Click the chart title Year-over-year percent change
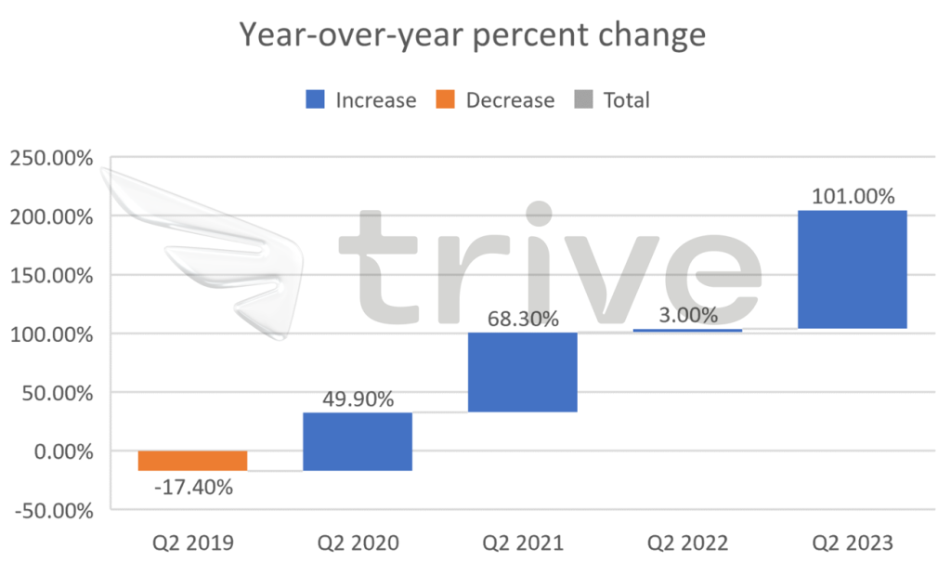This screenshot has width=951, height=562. click(x=473, y=35)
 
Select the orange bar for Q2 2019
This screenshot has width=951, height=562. click(x=192, y=461)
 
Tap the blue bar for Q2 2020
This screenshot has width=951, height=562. click(x=358, y=441)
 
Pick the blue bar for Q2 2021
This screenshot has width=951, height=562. click(x=523, y=372)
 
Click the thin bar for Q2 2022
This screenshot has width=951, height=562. click(x=688, y=330)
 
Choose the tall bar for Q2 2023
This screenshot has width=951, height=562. click(x=853, y=269)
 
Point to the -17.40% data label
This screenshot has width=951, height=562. click(x=192, y=487)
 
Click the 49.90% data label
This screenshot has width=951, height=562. click(x=358, y=399)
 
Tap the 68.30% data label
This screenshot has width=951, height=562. click(x=523, y=320)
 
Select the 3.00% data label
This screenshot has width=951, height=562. click(x=688, y=316)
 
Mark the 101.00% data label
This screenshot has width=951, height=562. click(x=853, y=197)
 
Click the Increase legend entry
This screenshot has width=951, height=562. click(x=361, y=100)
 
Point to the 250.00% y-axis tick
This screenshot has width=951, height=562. click(x=51, y=158)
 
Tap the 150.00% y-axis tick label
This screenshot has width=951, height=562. click(x=51, y=276)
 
